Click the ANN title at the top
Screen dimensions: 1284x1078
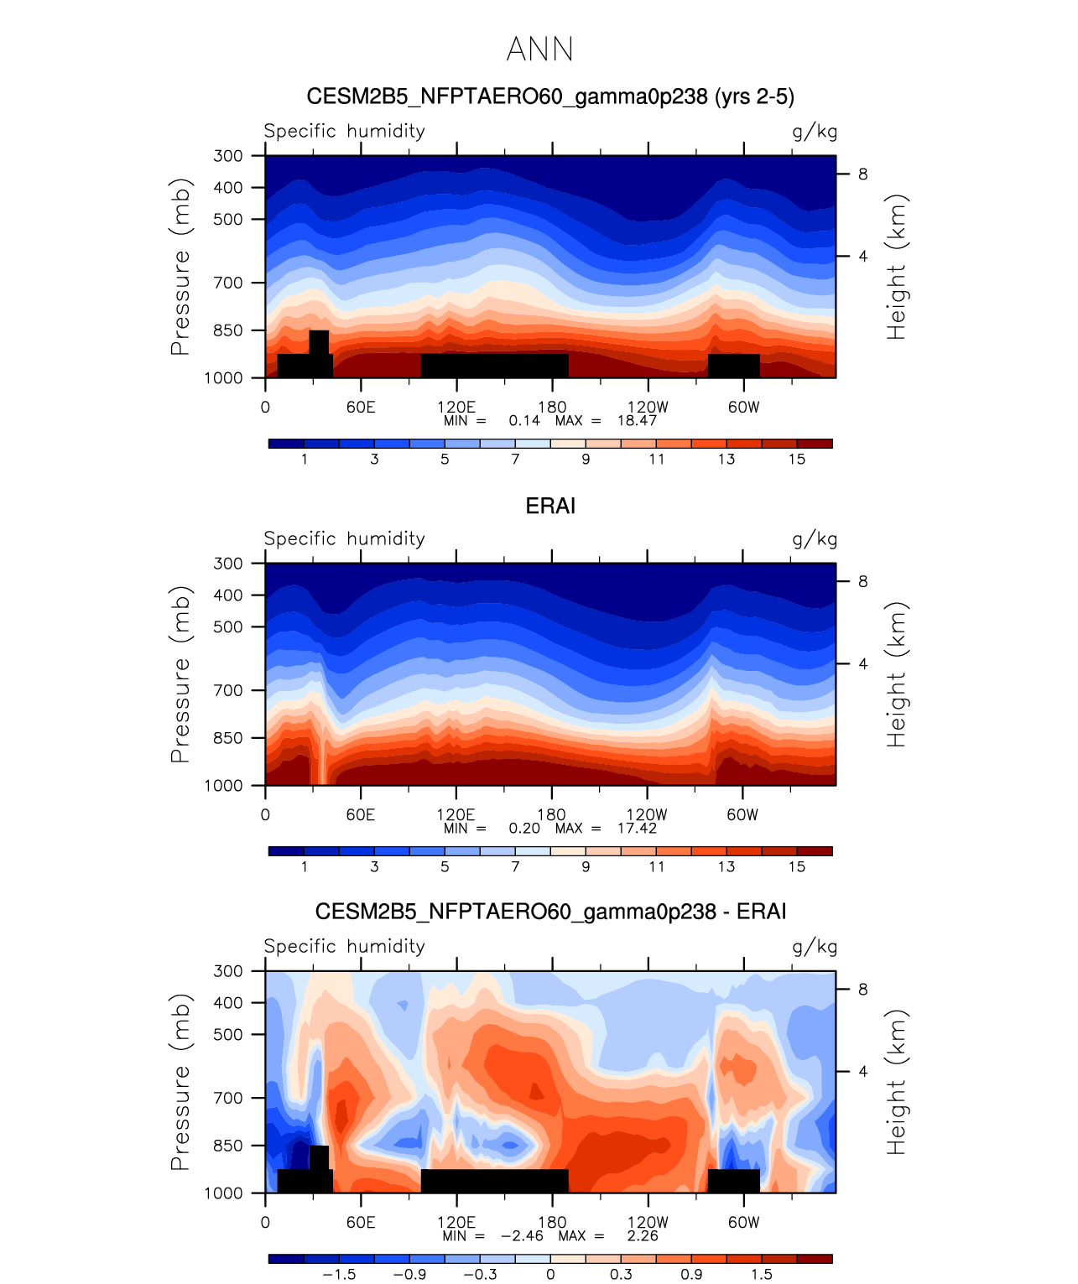pos(539,49)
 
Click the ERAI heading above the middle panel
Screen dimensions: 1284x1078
pos(550,506)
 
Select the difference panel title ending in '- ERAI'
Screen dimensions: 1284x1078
pos(550,912)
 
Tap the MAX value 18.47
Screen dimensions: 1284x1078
pos(637,420)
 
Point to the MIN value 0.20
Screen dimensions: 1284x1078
pos(524,828)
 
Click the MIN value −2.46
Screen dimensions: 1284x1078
pos(522,1235)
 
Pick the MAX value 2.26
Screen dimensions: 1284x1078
pos(643,1235)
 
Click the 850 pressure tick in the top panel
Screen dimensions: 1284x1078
pos(227,330)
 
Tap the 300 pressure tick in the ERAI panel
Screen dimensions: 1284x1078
pos(227,564)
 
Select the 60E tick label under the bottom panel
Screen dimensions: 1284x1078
pos(361,1222)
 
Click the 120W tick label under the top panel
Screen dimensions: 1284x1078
pos(648,407)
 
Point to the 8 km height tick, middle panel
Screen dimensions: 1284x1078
pos(862,582)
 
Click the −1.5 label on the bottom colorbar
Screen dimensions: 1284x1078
pos(339,1274)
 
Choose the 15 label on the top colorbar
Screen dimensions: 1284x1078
pos(796,459)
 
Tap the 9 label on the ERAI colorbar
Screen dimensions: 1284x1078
pos(586,866)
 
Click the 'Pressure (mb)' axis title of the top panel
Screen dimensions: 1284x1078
pos(180,267)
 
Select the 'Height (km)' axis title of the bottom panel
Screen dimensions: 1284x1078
pos(897,1082)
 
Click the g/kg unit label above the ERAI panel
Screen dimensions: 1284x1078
pos(815,539)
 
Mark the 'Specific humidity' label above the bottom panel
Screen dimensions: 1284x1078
pos(344,946)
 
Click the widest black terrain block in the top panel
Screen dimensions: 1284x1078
pos(494,366)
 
